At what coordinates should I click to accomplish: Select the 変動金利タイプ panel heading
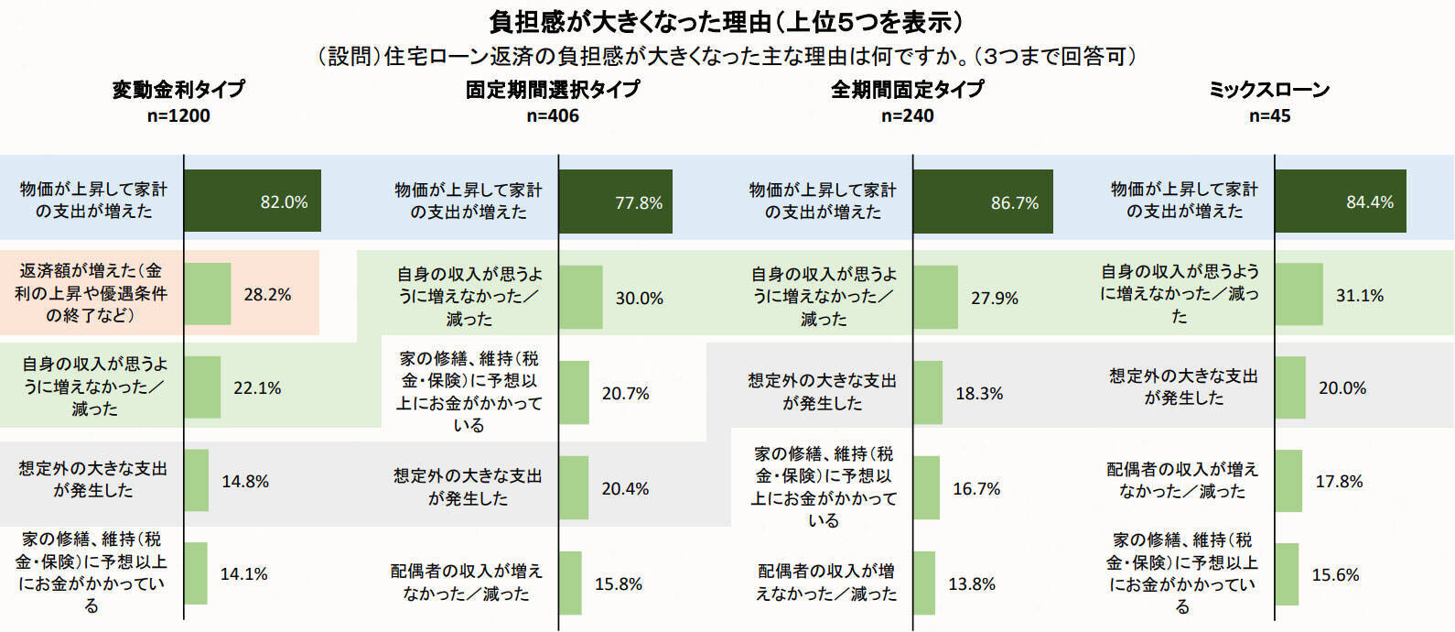click(179, 89)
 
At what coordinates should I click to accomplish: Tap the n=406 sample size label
click(553, 115)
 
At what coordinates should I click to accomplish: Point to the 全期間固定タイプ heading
click(907, 89)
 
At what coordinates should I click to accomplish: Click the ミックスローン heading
click(1269, 89)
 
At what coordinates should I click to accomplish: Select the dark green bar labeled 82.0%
click(253, 201)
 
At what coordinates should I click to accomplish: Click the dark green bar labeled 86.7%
click(983, 202)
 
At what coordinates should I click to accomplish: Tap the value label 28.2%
click(267, 294)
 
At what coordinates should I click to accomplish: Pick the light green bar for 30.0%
click(581, 298)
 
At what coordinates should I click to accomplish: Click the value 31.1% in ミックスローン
click(1359, 295)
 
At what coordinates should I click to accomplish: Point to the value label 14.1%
click(243, 573)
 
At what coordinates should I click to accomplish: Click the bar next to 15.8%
click(570, 583)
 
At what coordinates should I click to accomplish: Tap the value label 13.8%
click(971, 583)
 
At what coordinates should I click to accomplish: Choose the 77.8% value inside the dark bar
click(638, 202)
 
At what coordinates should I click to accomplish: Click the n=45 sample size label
click(1269, 115)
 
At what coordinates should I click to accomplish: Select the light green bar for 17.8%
click(1288, 481)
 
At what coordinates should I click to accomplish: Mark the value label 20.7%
click(625, 393)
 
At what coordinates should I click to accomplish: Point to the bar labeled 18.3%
click(928, 393)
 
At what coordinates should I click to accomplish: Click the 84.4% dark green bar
click(1341, 202)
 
